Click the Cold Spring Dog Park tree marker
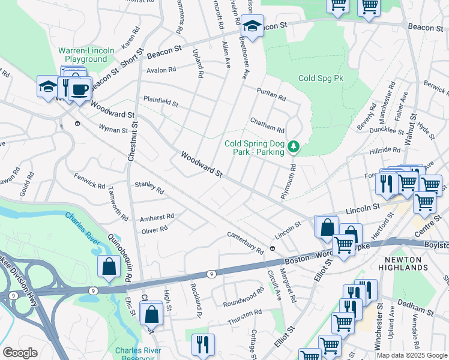[294, 146]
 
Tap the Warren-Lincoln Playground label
[86, 55]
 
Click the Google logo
[20, 353]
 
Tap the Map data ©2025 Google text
[412, 355]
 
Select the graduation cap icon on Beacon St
[253, 27]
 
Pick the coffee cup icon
[79, 91]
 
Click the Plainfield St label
[160, 102]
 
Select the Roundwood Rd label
[243, 298]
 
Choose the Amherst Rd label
[157, 217]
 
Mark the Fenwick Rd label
[89, 179]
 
